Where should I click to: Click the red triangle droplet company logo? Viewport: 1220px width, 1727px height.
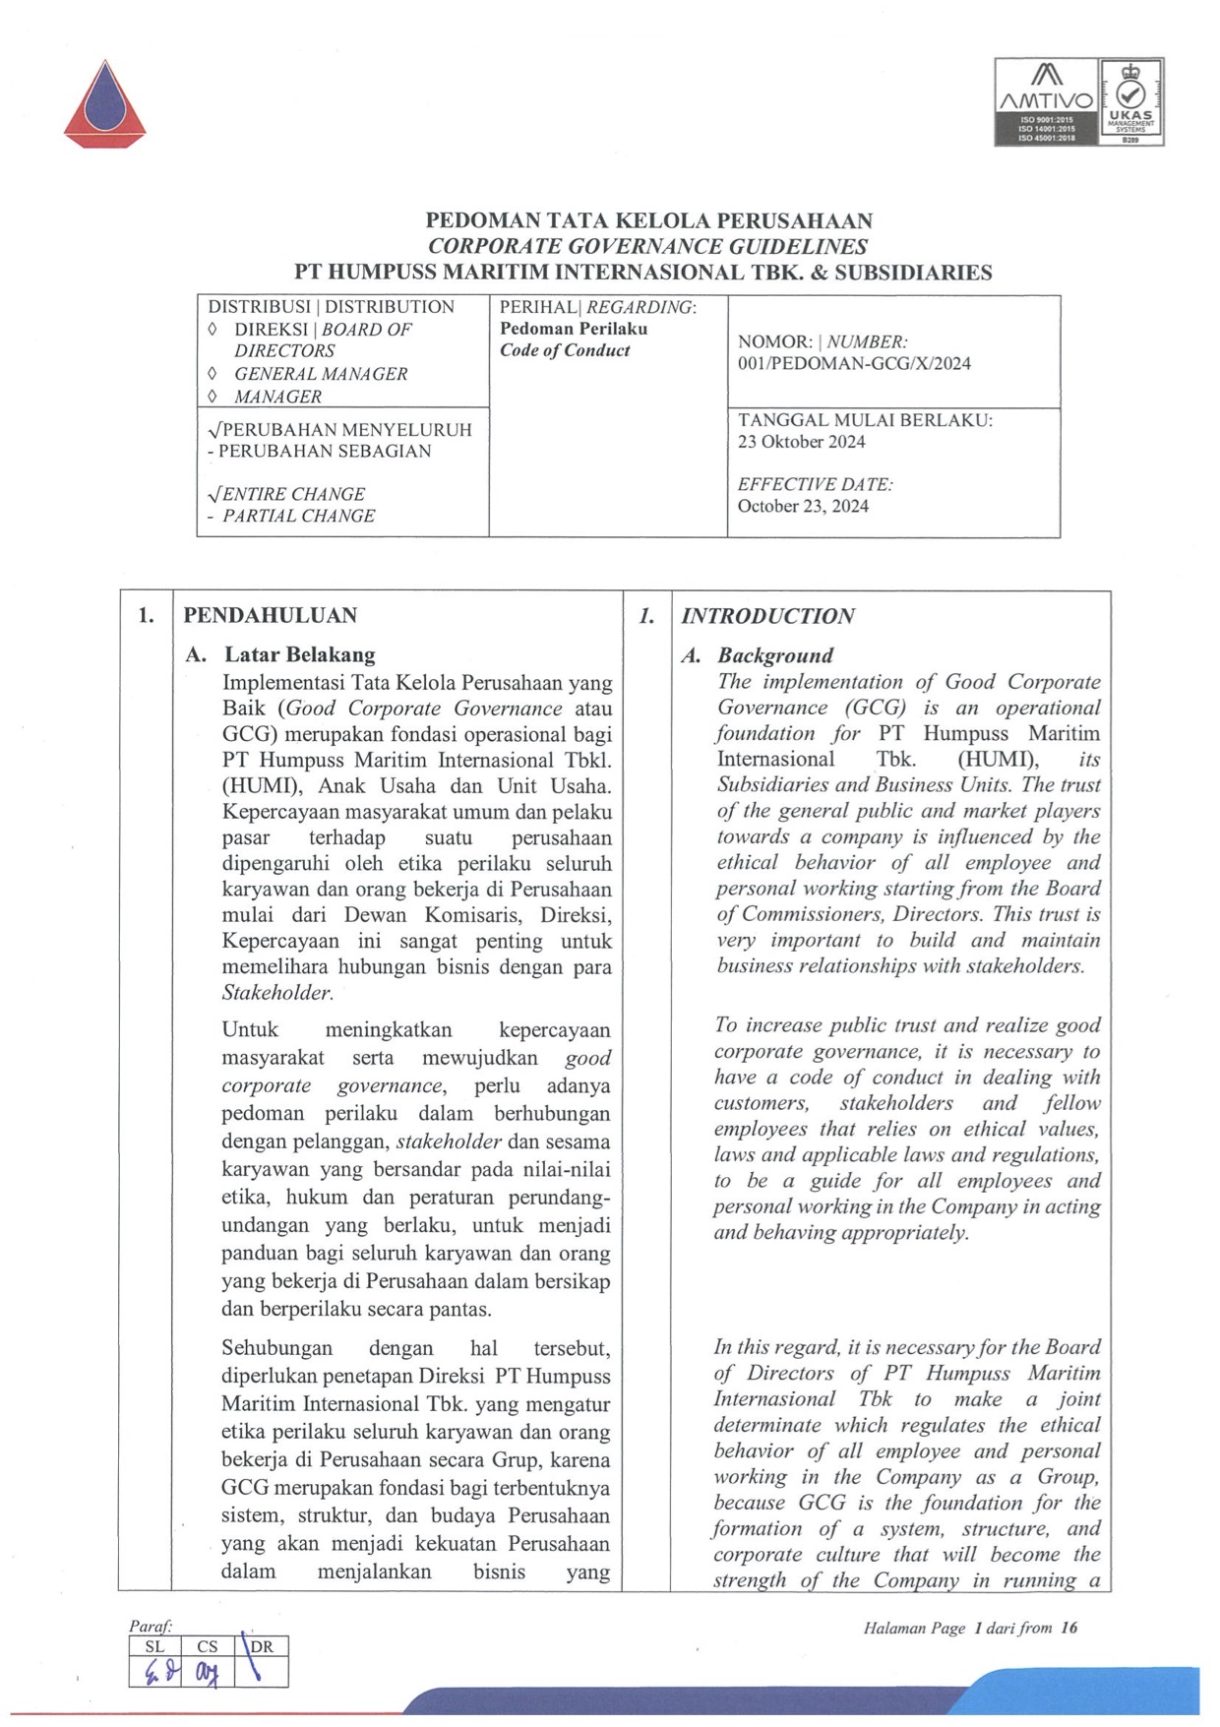coord(105,104)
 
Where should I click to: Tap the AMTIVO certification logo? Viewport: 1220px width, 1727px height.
coord(1046,101)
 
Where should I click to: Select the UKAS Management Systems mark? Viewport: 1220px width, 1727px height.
coord(1130,101)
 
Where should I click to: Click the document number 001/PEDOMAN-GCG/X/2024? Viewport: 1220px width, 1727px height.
coord(854,363)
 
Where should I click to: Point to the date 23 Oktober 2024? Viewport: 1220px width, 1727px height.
coord(801,442)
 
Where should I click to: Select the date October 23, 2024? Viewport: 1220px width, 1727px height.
coord(803,507)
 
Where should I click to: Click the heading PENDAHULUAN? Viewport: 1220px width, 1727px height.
coord(270,616)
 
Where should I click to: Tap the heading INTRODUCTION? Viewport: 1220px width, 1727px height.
coord(767,617)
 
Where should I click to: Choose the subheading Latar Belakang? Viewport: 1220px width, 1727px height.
coord(299,654)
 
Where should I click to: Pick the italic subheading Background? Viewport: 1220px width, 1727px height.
coord(775,655)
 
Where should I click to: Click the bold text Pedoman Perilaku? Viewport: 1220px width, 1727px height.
coord(574,329)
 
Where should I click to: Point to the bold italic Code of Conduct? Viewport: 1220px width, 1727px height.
coord(565,350)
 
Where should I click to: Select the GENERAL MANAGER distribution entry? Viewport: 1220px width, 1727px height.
coord(320,374)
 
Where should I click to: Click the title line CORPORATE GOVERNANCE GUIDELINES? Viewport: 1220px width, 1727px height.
coord(647,247)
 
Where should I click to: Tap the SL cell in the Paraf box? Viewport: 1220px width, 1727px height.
coord(154,1646)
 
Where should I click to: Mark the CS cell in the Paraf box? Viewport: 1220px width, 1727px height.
coord(207,1646)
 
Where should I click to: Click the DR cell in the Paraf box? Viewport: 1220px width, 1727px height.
coord(262,1646)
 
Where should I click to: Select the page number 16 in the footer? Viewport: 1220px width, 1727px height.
coord(1069,1628)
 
